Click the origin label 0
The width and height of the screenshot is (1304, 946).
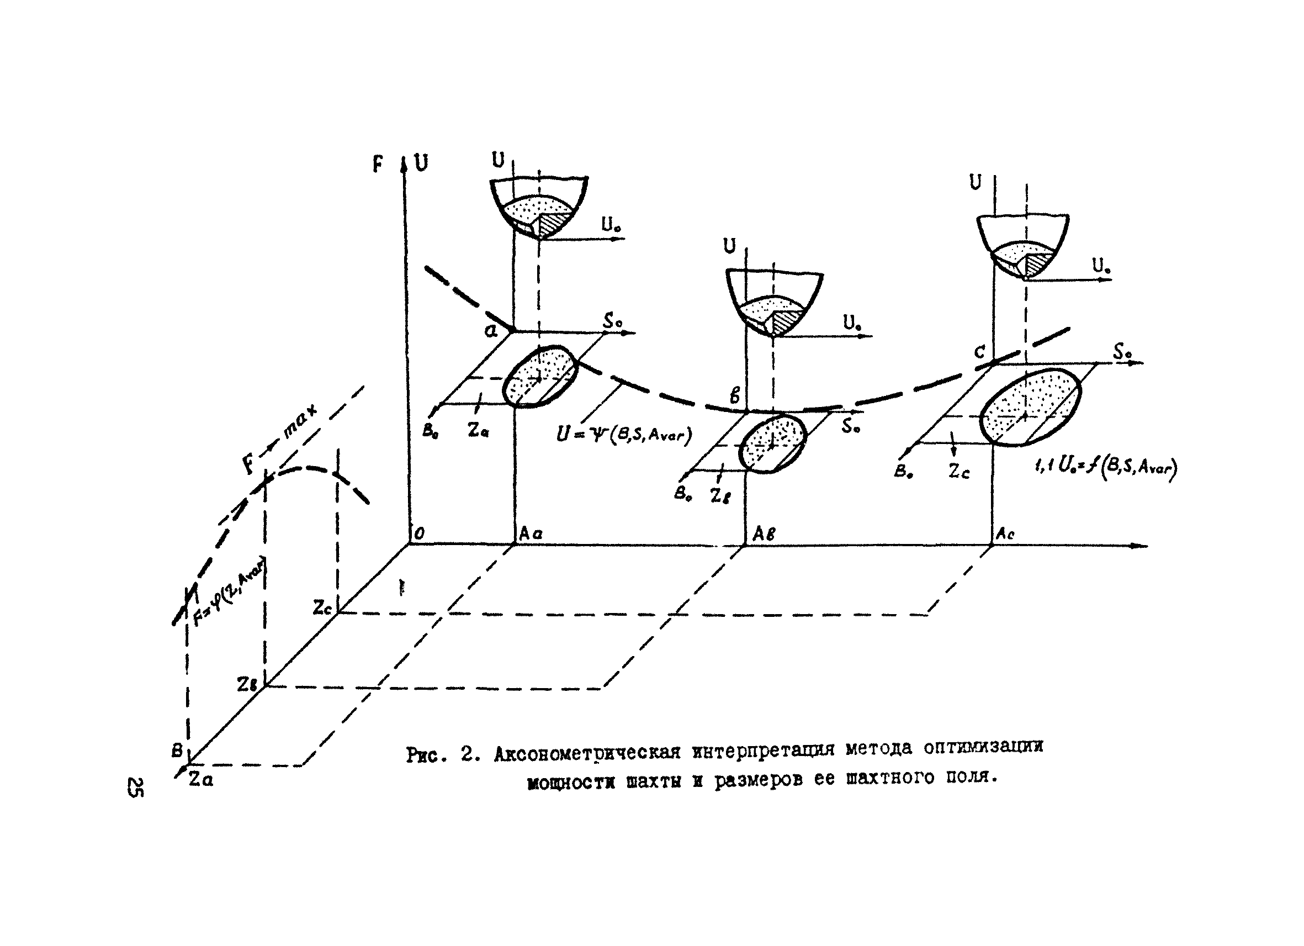[x=419, y=533]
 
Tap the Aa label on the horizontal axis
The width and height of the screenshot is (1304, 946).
[x=530, y=533]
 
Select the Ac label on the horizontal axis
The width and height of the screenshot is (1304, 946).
[x=1004, y=534]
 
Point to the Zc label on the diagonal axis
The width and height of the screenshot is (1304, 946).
[x=322, y=607]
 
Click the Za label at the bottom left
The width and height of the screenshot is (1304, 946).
[x=200, y=780]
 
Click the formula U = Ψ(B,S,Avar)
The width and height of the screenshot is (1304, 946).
[x=624, y=434]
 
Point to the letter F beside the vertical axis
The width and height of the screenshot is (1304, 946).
[x=378, y=165]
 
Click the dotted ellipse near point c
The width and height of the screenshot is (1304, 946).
[x=1030, y=406]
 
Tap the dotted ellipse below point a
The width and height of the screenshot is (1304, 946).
[x=539, y=376]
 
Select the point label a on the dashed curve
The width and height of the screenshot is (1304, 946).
[x=490, y=331]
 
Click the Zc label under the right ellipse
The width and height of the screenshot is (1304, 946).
[x=959, y=472]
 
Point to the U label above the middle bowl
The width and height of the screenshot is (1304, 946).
[x=730, y=247]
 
